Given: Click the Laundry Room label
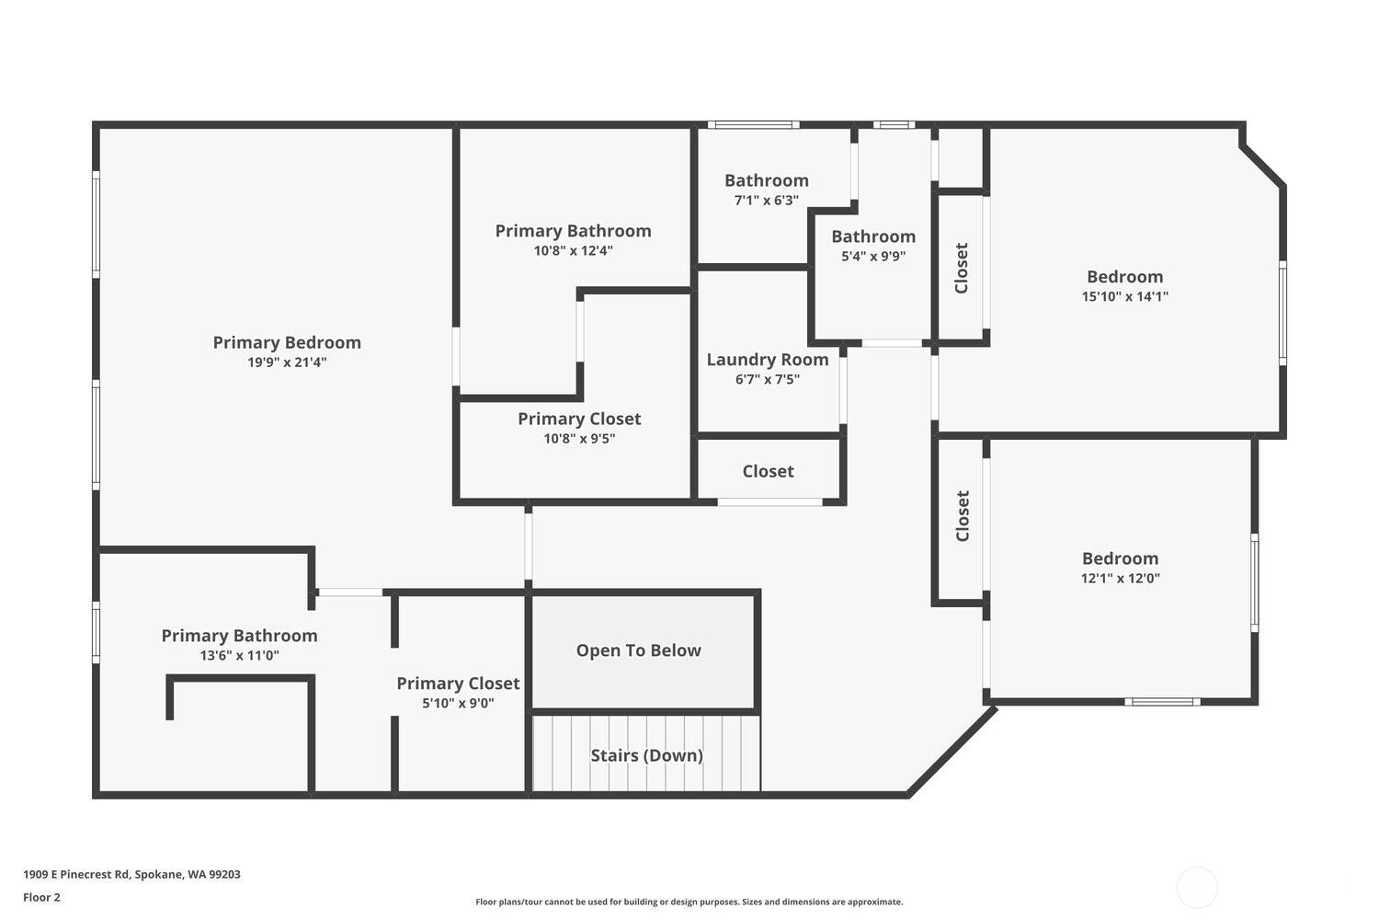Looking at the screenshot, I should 768,360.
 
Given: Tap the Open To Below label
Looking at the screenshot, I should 638,650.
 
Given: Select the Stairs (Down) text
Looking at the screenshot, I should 646,755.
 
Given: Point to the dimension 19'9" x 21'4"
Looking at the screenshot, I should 287,362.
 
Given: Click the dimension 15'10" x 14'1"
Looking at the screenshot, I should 1124,296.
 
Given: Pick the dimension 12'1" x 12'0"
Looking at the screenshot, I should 1120,579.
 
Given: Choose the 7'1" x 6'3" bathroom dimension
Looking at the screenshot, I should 766,201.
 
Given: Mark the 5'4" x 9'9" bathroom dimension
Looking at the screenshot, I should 873,257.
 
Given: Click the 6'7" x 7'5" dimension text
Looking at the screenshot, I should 768,379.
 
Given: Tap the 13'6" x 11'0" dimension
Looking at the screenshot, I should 239,656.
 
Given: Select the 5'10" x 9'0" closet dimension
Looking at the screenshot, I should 458,704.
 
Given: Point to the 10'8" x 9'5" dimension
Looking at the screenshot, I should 579,439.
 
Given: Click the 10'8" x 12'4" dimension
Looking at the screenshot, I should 573,250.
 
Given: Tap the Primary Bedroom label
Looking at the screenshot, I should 287,342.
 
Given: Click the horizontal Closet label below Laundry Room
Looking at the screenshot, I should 768,471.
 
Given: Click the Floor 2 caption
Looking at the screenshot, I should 41,898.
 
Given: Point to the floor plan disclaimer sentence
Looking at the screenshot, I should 689,903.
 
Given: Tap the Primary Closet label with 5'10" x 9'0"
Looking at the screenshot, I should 458,684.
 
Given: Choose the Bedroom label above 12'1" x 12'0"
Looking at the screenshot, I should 1120,558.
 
